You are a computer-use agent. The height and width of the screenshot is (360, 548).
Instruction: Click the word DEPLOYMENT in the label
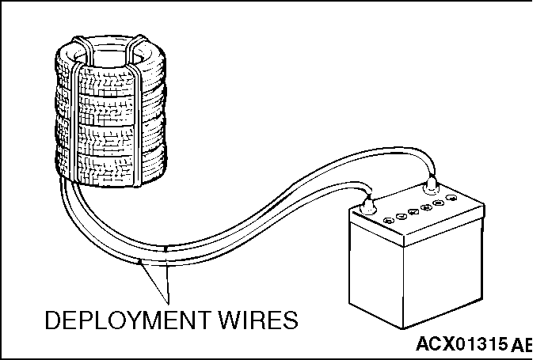tap(127, 320)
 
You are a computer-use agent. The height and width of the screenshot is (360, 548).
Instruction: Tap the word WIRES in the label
tap(259, 320)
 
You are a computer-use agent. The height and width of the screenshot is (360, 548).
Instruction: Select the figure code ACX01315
tap(462, 344)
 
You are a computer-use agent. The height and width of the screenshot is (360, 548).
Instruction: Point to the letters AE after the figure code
tap(521, 345)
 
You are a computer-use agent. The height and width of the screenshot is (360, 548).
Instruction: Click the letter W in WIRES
tap(230, 320)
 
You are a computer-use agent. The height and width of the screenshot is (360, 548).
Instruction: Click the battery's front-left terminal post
tap(368, 205)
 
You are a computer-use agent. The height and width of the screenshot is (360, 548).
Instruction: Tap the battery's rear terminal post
tap(431, 185)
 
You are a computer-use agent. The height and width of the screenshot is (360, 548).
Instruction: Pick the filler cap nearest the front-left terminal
tap(389, 220)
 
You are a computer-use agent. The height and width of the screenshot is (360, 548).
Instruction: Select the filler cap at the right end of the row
tap(452, 198)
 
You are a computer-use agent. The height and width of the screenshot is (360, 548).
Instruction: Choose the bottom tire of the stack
tap(110, 166)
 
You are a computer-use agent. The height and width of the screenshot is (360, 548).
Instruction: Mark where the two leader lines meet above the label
tap(168, 303)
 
